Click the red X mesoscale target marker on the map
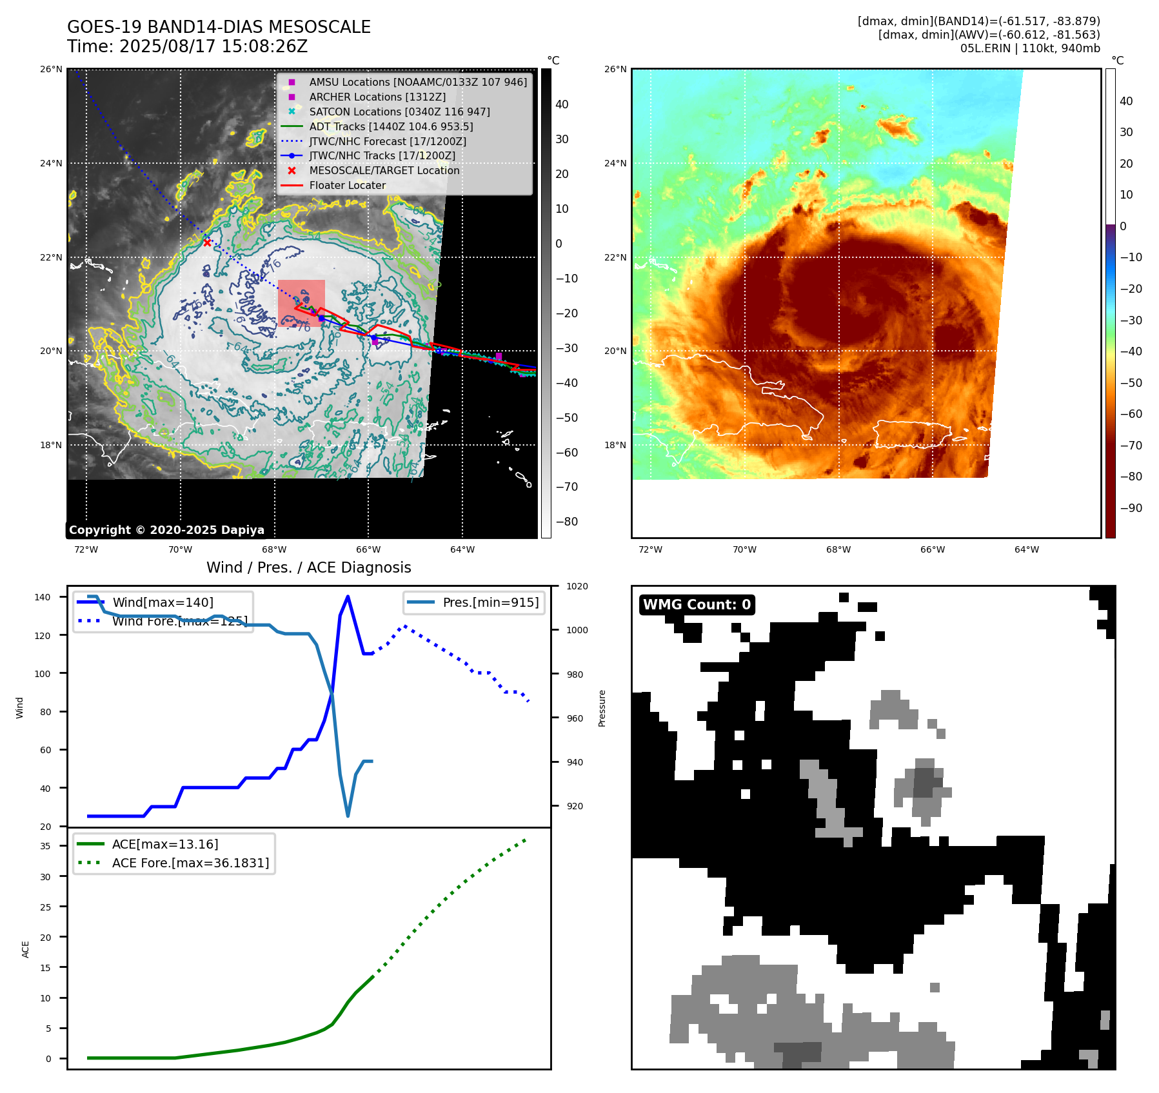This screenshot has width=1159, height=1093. (x=207, y=243)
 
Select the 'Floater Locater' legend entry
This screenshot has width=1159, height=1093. (x=347, y=186)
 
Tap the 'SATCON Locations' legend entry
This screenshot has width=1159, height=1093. (x=399, y=112)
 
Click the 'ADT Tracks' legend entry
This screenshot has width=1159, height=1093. (x=391, y=127)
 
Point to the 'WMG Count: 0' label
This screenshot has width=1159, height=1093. (x=697, y=605)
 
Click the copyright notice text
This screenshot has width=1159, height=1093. (x=166, y=530)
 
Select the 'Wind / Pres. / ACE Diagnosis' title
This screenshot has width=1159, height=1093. (x=308, y=567)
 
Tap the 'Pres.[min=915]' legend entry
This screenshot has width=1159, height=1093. (x=490, y=603)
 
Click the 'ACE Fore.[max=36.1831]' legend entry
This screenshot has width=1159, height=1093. (x=190, y=863)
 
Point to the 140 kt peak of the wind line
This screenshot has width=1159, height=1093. (x=348, y=596)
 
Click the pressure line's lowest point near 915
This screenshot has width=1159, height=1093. (x=348, y=816)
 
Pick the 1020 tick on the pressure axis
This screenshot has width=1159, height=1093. (x=577, y=587)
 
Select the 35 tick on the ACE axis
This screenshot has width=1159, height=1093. (x=46, y=846)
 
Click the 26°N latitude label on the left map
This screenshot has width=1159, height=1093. (x=52, y=70)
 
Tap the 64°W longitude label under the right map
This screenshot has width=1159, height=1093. (x=1026, y=550)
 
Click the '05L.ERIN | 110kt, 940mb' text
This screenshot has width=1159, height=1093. (x=1029, y=48)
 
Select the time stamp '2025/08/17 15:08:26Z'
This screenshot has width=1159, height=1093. (x=213, y=47)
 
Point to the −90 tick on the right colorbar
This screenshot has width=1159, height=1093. (x=1131, y=508)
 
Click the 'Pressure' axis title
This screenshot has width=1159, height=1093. (x=602, y=708)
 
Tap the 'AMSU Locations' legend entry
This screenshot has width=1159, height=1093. (x=417, y=83)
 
